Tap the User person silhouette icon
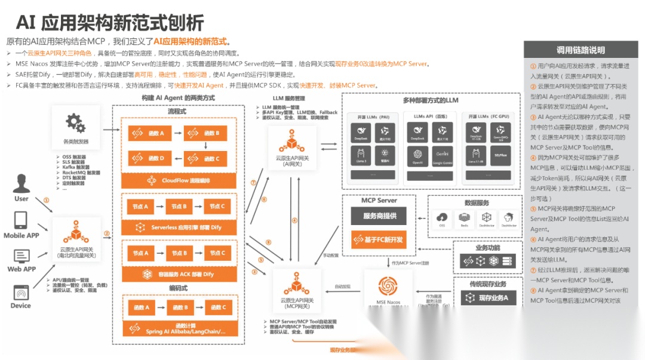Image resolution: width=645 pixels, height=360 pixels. (x=22, y=183)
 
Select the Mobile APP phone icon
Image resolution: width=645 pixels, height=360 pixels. (x=21, y=220)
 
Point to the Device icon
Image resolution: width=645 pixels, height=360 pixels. (x=21, y=293)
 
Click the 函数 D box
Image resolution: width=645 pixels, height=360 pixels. (x=152, y=158)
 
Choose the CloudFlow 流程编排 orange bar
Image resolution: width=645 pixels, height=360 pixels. (x=179, y=180)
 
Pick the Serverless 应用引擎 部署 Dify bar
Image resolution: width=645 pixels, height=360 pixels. (x=179, y=227)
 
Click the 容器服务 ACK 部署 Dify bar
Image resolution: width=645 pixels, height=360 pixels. (x=179, y=274)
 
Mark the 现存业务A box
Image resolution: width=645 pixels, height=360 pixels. (x=486, y=297)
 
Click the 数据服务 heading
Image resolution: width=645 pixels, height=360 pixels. (x=477, y=203)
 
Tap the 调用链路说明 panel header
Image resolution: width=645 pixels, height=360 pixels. (x=580, y=50)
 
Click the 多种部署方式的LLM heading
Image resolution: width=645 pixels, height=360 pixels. (x=430, y=100)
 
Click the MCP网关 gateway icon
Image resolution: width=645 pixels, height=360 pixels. (x=294, y=284)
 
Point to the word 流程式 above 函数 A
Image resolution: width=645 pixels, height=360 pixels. (x=178, y=111)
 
